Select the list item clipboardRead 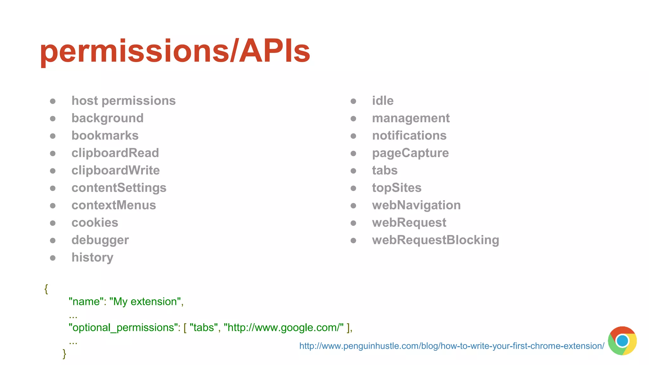[x=115, y=153]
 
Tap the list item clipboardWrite [x=115, y=170]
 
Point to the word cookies [x=95, y=223]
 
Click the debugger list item [x=100, y=240]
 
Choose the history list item [x=92, y=258]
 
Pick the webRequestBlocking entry [x=435, y=240]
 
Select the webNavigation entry [x=416, y=205]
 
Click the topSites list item [x=396, y=188]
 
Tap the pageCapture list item [x=410, y=153]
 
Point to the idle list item [x=382, y=101]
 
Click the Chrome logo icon [x=622, y=341]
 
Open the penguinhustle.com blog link [x=452, y=346]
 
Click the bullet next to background [x=53, y=118]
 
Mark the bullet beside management [x=353, y=118]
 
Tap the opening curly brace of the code [x=46, y=289]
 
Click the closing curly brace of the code [x=64, y=354]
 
